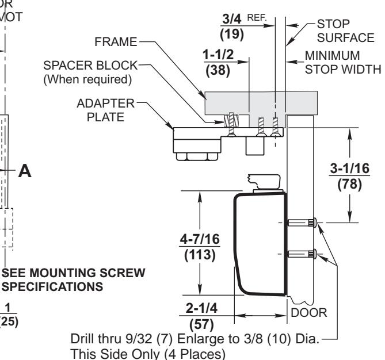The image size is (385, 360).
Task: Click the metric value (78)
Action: coord(349,187)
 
